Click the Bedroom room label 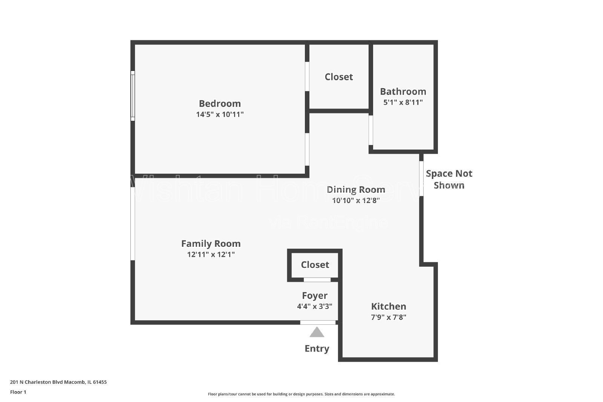pos(220,104)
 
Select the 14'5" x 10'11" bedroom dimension pos(220,115)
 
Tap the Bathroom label pos(403,92)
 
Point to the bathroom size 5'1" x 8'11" pos(403,102)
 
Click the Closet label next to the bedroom pos(339,77)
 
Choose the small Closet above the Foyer pos(315,265)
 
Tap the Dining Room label pos(356,190)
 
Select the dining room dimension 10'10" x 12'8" pos(356,200)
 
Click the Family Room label pos(211,244)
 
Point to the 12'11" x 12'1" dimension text pos(211,255)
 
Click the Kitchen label pos(389,306)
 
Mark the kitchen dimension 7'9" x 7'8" pos(389,317)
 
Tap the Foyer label pos(315,296)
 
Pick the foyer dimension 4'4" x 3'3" pos(315,306)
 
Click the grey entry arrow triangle pos(317,333)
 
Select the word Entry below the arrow pos(317,349)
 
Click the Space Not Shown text pos(449,179)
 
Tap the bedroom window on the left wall pos(133,96)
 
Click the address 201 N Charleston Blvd pos(58,382)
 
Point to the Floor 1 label pos(18,392)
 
